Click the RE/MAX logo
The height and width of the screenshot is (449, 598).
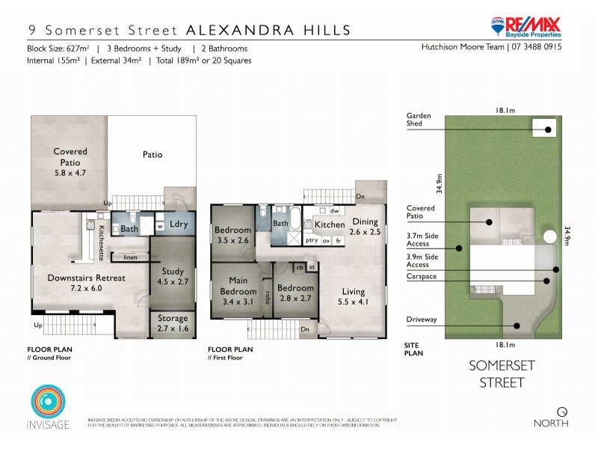pos(526,26)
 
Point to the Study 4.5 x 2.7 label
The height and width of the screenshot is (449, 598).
pos(173,276)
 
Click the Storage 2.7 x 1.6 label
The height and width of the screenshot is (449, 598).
pos(173,323)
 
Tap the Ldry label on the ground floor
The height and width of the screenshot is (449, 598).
pos(178,224)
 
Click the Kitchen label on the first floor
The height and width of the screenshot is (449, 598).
pos(329,224)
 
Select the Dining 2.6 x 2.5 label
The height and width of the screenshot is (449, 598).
pos(366,227)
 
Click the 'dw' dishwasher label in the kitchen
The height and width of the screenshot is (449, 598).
pos(334,211)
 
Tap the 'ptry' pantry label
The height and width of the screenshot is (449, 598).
pos(312,240)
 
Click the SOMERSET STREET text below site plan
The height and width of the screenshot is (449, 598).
pos(496,374)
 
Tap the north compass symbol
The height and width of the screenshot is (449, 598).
pos(562,410)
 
